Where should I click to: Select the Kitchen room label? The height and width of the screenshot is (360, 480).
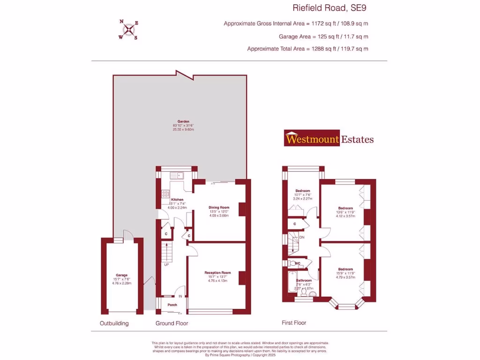177,200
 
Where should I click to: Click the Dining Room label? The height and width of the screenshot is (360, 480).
218,207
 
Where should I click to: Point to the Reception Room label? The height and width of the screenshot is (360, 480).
217,272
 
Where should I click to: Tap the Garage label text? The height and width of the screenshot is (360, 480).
122,275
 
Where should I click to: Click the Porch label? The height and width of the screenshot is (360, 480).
172,305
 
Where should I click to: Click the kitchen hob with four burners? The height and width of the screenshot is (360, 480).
165,194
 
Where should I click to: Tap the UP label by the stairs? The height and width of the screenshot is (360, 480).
166,265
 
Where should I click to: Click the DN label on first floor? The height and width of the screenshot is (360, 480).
302,238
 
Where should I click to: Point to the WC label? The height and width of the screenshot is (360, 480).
297,264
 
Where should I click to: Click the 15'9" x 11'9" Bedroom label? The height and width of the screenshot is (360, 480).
346,270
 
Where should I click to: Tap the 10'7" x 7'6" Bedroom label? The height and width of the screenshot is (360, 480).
302,191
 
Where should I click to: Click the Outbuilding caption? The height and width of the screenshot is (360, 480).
114,323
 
